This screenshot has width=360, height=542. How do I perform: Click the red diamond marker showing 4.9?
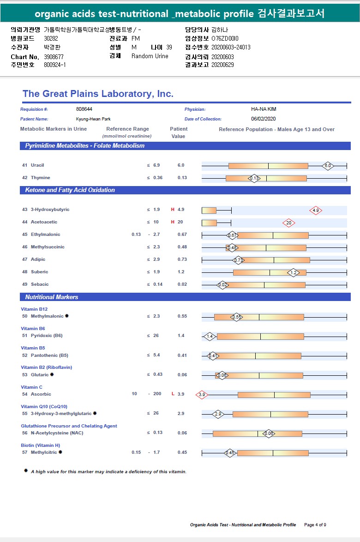tap(316, 211)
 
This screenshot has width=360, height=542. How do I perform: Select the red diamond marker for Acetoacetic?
tap(289, 223)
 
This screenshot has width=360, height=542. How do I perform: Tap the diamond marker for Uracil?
tap(328, 165)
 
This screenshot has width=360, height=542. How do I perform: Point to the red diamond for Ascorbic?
tap(202, 395)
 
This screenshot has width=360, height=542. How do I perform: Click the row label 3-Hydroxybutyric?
tap(50, 210)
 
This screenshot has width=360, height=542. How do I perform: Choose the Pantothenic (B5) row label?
tap(49, 355)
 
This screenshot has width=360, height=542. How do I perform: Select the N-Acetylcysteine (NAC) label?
tap(54, 433)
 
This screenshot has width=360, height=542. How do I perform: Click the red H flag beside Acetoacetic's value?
tap(173, 222)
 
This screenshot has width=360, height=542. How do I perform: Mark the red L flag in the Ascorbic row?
tap(173, 394)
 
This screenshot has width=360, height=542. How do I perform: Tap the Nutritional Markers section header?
tap(52, 297)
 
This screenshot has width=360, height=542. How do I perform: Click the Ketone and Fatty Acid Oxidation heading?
tap(70, 190)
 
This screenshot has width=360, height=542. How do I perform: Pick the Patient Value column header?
tap(179, 132)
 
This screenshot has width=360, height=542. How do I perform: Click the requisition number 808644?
tap(84, 109)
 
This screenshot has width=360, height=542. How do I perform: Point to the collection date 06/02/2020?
tap(264, 119)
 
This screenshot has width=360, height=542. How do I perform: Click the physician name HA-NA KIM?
tap(264, 109)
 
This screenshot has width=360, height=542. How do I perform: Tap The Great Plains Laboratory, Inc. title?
tap(98, 94)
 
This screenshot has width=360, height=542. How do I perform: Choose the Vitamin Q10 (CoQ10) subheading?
tap(44, 407)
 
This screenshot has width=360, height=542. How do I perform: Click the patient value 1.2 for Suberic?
tap(181, 272)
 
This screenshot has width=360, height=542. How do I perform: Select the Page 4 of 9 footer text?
tap(315, 525)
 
